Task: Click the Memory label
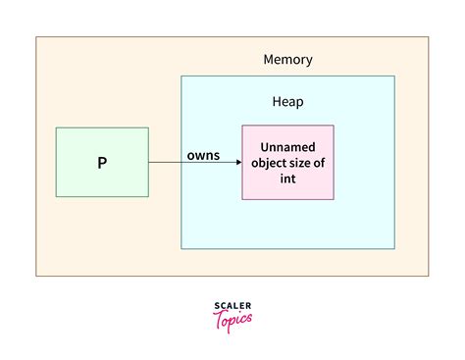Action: [287, 60]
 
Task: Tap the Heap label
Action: [287, 101]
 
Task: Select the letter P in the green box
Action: [102, 163]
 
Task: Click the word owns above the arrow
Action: [203, 155]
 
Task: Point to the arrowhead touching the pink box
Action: [238, 163]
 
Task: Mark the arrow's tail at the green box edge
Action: [150, 163]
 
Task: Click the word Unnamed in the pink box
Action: [287, 147]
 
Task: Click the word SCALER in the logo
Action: [232, 306]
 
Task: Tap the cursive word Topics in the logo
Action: [232, 319]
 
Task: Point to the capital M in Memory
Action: [269, 60]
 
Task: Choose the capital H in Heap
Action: [276, 101]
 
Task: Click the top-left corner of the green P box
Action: [56, 128]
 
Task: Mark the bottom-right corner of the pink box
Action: [334, 199]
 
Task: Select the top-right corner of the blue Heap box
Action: [394, 77]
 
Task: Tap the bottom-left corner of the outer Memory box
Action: [36, 276]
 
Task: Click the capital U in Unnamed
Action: [265, 147]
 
